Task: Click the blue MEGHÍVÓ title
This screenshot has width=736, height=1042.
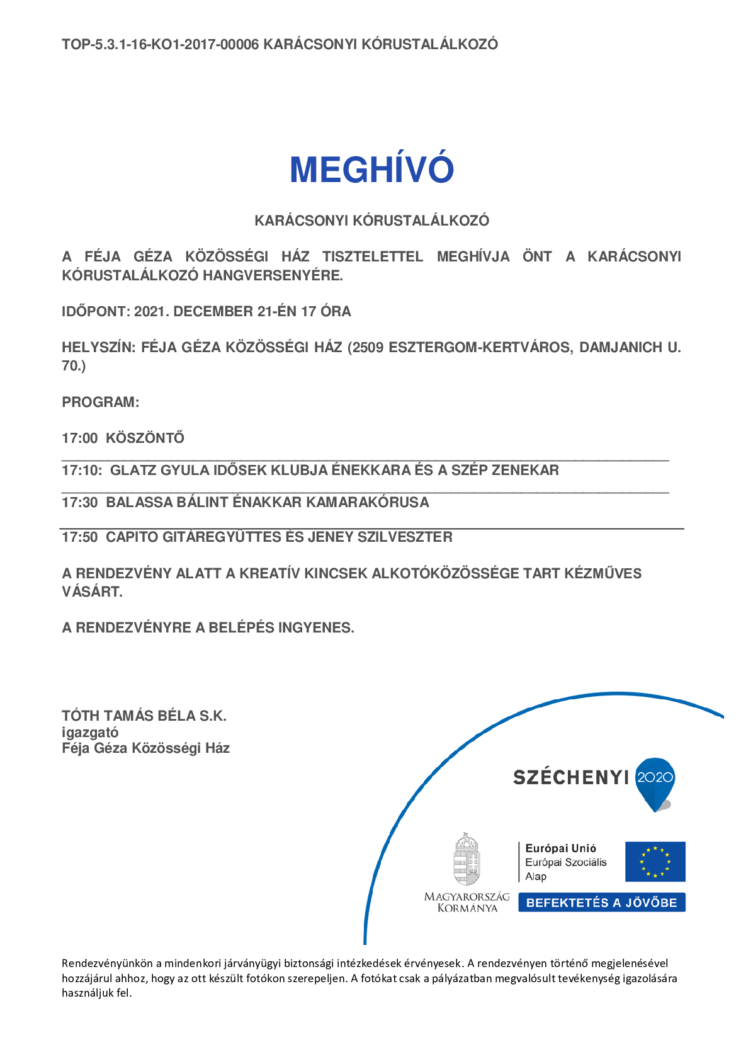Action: click(x=371, y=169)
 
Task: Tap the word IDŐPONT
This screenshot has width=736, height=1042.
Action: click(x=95, y=311)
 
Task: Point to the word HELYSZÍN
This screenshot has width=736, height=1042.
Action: click(x=98, y=347)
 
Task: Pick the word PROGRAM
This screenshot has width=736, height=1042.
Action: click(x=100, y=402)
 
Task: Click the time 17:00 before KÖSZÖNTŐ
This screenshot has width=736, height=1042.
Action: click(x=79, y=438)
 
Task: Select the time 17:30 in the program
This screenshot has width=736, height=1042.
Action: click(x=79, y=502)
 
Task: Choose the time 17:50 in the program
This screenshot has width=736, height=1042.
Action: click(x=79, y=537)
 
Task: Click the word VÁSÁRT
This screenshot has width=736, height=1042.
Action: click(x=92, y=592)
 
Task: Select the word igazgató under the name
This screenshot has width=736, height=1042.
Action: click(x=90, y=732)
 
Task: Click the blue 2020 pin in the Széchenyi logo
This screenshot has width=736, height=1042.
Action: click(x=655, y=781)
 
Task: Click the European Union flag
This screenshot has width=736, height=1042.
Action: click(x=655, y=861)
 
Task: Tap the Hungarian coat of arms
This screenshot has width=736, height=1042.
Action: click(x=467, y=860)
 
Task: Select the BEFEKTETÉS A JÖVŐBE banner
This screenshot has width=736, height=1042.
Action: click(x=601, y=902)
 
